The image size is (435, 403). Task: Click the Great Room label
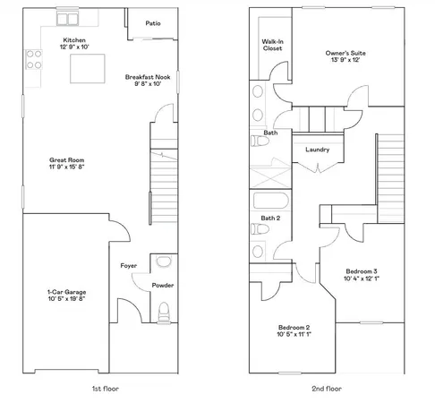click(68, 160)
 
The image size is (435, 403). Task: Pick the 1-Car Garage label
click(66, 292)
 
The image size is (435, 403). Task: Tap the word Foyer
click(128, 266)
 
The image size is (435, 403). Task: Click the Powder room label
click(162, 286)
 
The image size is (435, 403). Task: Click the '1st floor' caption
click(105, 389)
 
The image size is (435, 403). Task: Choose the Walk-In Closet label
click(272, 45)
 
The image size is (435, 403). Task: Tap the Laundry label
click(319, 150)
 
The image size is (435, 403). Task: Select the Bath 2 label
click(271, 218)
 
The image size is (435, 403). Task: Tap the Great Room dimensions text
click(68, 167)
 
